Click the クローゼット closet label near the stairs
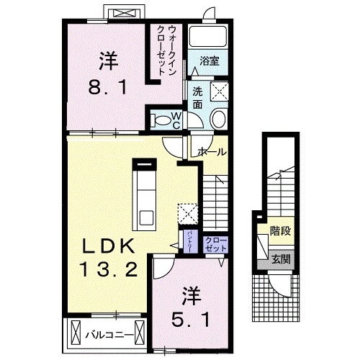(215, 243)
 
